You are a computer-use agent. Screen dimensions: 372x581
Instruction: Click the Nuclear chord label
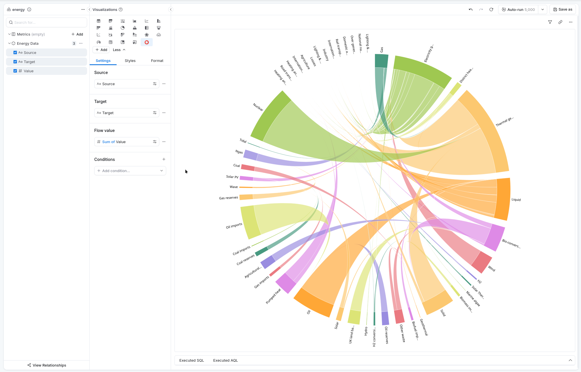[x=258, y=107]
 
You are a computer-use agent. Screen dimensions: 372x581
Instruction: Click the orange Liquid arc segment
[x=503, y=199]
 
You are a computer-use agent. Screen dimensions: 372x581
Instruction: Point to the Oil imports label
[x=234, y=226]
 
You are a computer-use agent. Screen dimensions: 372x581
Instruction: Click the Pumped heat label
[x=273, y=296]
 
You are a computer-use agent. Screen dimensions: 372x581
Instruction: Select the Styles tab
[x=130, y=61]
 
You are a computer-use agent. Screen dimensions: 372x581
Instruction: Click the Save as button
[x=563, y=9]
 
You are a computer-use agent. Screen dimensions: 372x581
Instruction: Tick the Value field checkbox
[x=15, y=71]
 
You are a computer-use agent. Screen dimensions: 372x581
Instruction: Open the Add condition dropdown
[x=130, y=171]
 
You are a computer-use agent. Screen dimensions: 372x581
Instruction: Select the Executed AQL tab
[x=225, y=360]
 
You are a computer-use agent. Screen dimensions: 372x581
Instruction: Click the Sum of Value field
[x=126, y=142]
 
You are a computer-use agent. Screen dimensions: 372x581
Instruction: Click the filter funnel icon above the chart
[x=550, y=22]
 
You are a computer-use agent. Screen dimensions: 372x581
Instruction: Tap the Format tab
[x=157, y=61]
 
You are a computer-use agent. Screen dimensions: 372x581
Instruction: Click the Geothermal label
[x=424, y=327]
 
